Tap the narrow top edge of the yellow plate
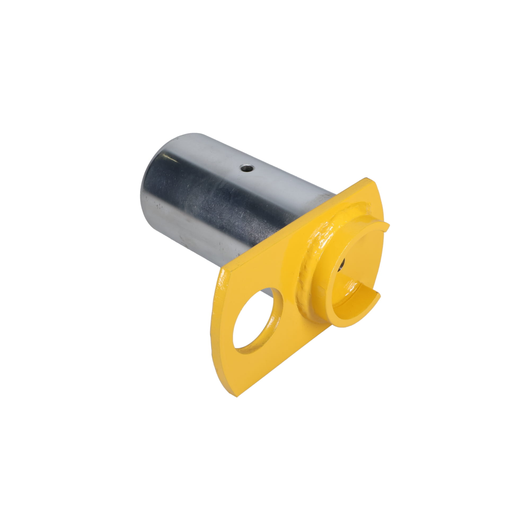coord(288,228)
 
